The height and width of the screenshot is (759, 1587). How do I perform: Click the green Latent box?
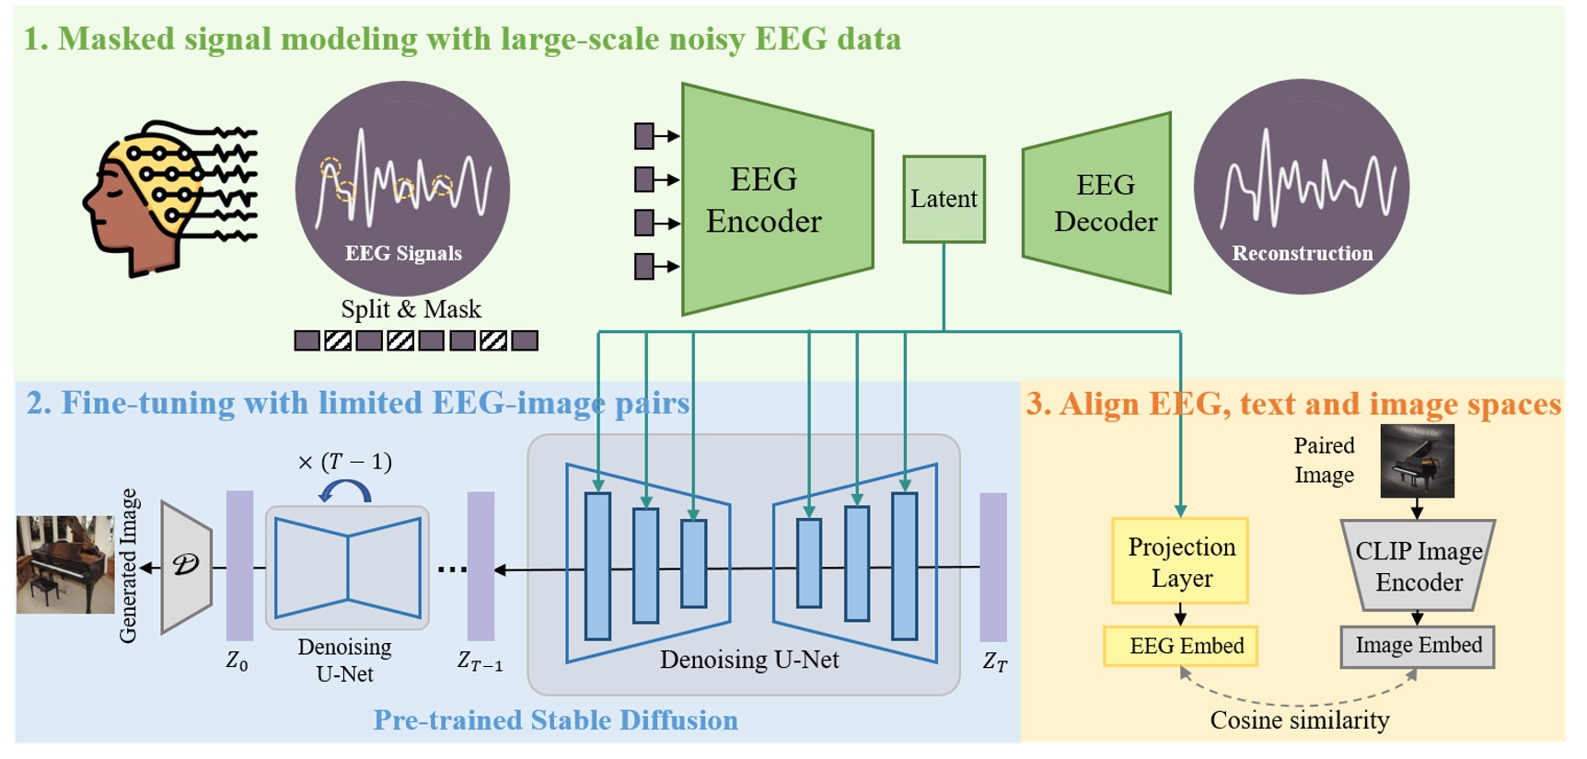[944, 199]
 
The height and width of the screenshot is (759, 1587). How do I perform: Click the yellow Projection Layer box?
[1180, 561]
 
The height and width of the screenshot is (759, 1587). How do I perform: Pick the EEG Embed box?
[1181, 646]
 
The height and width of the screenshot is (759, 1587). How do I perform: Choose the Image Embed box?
[1418, 646]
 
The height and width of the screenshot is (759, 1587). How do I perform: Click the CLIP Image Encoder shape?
[1418, 566]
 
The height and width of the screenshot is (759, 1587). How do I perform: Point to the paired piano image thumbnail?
[1417, 461]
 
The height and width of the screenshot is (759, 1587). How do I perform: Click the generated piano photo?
[65, 565]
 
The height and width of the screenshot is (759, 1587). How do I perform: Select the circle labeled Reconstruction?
[1301, 188]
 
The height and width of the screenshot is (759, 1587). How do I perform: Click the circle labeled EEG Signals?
[402, 189]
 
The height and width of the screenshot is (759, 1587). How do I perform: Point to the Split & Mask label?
[411, 309]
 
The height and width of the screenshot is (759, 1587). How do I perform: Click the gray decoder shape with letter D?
[186, 566]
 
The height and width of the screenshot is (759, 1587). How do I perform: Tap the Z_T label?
[995, 661]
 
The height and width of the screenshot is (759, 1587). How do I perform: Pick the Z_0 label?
[237, 661]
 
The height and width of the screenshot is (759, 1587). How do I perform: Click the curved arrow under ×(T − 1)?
[345, 491]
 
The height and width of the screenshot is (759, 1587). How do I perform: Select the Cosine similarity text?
[1299, 720]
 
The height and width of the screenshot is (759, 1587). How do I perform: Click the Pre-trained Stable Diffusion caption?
[555, 720]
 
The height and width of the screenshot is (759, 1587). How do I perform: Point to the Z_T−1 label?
[480, 661]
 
